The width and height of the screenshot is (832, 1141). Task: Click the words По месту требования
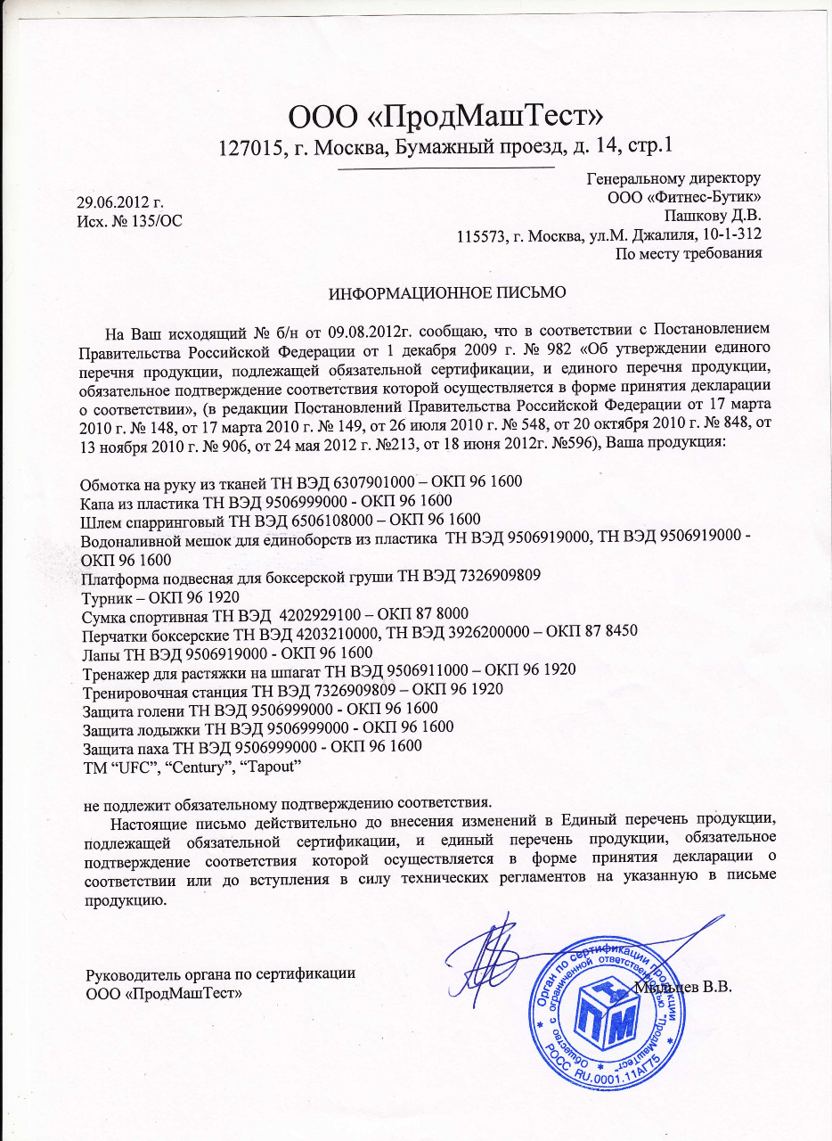[689, 253]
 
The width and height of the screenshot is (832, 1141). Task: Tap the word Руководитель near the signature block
[130, 974]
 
